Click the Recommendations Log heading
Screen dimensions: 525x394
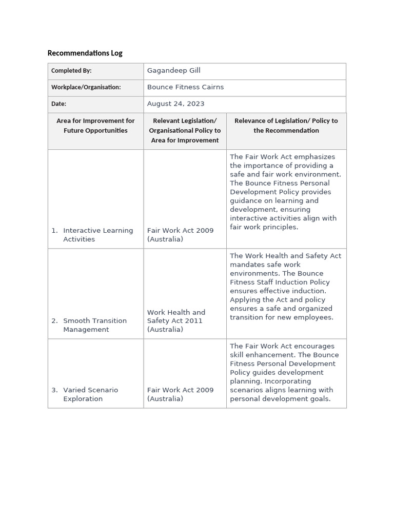click(85, 53)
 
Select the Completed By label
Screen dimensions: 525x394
click(71, 71)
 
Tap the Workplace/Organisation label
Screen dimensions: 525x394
click(86, 87)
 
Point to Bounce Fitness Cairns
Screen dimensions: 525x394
click(185, 87)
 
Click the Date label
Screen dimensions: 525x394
click(58, 104)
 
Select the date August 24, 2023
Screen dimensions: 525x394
click(175, 104)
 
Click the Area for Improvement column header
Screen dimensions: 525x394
click(95, 126)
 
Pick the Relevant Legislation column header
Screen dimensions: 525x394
click(185, 130)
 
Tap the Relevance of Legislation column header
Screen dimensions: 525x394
click(286, 126)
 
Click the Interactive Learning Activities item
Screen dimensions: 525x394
click(97, 235)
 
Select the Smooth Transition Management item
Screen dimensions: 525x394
click(94, 325)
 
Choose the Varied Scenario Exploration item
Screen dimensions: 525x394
click(90, 394)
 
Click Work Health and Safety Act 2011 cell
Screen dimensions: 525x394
click(176, 320)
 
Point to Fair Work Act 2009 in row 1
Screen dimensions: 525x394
click(180, 235)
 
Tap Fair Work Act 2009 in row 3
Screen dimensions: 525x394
click(180, 394)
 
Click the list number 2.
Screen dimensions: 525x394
click(54, 321)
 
